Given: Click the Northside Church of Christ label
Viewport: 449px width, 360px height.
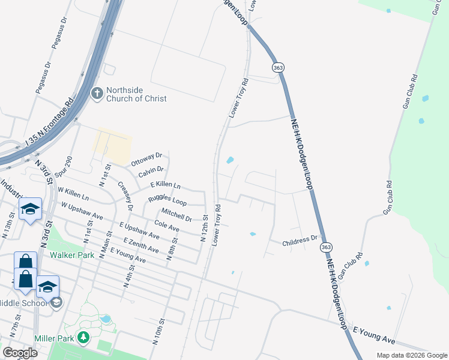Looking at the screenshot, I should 136,94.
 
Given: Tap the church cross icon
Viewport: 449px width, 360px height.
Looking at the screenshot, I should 97,94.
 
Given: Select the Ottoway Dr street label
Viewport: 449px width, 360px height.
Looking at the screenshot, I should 146,160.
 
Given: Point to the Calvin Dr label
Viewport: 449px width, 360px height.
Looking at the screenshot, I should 151,172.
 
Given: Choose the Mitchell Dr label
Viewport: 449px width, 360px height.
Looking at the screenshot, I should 176,214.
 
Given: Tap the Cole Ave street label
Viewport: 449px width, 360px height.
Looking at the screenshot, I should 167,226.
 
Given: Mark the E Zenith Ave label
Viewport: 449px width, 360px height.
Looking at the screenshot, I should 141,245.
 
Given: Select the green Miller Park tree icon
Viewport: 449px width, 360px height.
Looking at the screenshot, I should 85,338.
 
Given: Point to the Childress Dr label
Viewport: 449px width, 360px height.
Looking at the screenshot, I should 300,240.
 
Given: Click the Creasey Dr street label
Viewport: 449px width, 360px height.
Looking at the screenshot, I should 125,196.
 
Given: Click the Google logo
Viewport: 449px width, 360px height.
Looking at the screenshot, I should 20,353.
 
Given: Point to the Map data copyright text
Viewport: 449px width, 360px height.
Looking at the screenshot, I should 411,355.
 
